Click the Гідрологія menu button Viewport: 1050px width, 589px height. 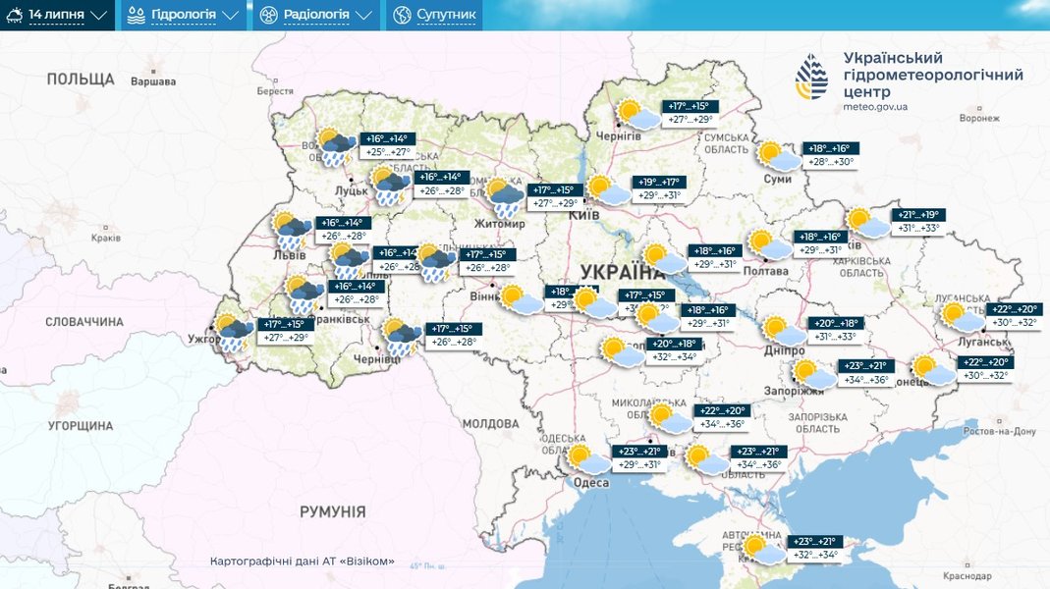[183, 15]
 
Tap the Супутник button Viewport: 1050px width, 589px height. [435, 15]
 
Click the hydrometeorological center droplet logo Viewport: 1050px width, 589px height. [810, 78]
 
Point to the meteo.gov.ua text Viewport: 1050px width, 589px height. [875, 107]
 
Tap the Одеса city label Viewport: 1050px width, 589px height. [591, 481]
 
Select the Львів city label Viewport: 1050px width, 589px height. [289, 254]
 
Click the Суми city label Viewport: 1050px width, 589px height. [777, 180]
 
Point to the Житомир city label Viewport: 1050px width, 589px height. [501, 224]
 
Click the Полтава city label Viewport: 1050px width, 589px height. [767, 271]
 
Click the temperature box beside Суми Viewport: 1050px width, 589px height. [829, 155]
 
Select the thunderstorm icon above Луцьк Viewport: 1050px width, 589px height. [336, 147]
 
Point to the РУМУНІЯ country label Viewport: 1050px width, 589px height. [332, 511]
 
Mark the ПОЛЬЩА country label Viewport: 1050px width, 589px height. [81, 79]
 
